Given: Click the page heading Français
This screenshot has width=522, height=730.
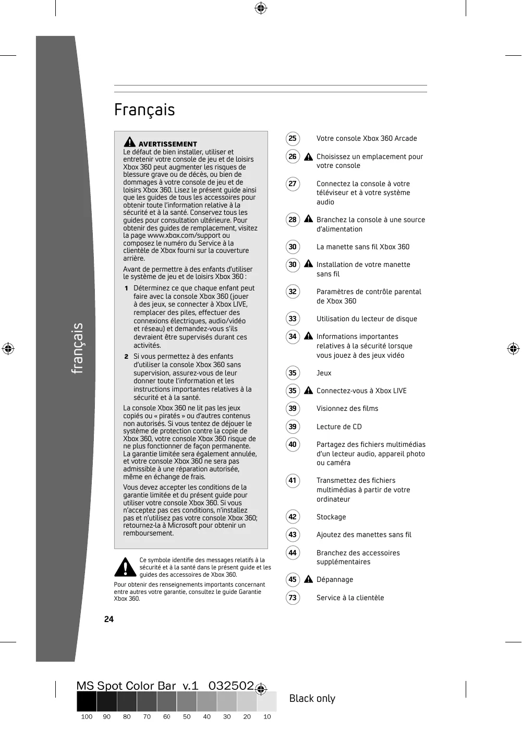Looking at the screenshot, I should (144, 110).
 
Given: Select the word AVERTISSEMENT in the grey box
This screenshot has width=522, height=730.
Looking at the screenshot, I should (167, 144).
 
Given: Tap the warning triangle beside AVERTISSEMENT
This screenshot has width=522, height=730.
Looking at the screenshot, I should (129, 142).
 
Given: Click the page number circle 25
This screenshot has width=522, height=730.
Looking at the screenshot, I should (293, 138).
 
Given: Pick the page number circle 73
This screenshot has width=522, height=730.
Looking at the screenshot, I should (293, 598).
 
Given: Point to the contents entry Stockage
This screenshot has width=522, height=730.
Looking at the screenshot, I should (331, 517).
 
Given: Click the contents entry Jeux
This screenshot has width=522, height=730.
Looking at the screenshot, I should (324, 373).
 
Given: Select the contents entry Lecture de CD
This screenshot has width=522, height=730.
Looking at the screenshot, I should (339, 427).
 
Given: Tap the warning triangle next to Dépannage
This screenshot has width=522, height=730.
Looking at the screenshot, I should (309, 579).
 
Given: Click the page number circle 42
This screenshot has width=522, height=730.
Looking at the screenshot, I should (293, 517).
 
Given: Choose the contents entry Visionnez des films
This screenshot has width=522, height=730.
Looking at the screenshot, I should (347, 408).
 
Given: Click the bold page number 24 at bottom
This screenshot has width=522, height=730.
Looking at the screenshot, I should (108, 619).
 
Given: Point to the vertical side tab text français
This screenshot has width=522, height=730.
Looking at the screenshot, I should (77, 348).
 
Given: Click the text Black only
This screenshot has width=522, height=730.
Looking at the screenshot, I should (312, 699).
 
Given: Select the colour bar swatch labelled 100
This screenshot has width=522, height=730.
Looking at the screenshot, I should (87, 701).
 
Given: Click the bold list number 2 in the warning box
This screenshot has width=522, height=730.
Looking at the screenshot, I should (126, 357).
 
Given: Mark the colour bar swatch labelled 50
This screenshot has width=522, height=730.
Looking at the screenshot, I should (187, 701).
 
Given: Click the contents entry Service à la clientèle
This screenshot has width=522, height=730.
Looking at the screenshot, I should (350, 598).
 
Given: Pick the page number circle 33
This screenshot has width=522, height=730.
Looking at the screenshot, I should (293, 319).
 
